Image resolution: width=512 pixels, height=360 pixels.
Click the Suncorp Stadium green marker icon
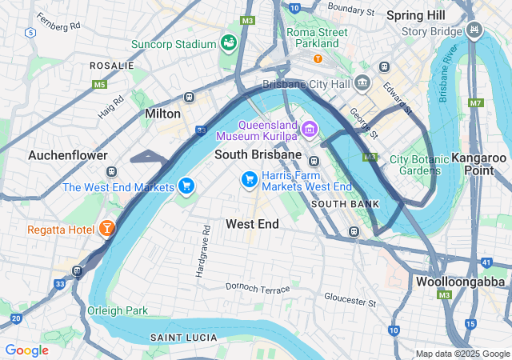tap(230, 42)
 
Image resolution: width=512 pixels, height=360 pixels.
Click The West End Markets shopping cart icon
tap(186, 186)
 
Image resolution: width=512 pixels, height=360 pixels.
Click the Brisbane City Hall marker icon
tap(363, 83)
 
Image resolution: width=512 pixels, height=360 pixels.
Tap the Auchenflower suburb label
tap(68, 154)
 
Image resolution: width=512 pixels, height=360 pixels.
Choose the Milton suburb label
tap(162, 114)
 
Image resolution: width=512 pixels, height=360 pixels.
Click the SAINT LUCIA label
tap(182, 338)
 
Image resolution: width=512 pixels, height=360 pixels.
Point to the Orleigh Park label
tap(118, 310)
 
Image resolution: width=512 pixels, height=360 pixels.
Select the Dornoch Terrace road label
tap(258, 287)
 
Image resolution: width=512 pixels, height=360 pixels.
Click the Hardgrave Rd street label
tap(201, 251)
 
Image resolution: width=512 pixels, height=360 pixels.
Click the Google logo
tap(26, 350)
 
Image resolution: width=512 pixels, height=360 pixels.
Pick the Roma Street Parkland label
tap(318, 38)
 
